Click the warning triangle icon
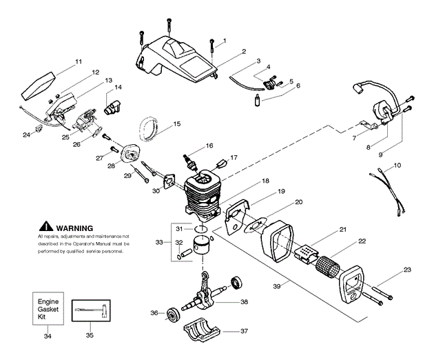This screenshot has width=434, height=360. pyautogui.click(x=45, y=226)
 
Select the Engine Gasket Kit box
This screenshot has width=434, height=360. pyautogui.click(x=48, y=307)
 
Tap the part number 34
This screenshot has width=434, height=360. pyautogui.click(x=48, y=336)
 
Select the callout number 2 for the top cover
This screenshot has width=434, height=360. pyautogui.click(x=243, y=51)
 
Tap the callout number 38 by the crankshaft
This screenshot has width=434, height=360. pyautogui.click(x=244, y=301)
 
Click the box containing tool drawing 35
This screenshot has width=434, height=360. pyautogui.click(x=93, y=308)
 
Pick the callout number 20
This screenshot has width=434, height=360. pyautogui.click(x=298, y=202)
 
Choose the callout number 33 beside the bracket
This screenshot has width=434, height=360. pyautogui.click(x=159, y=242)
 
